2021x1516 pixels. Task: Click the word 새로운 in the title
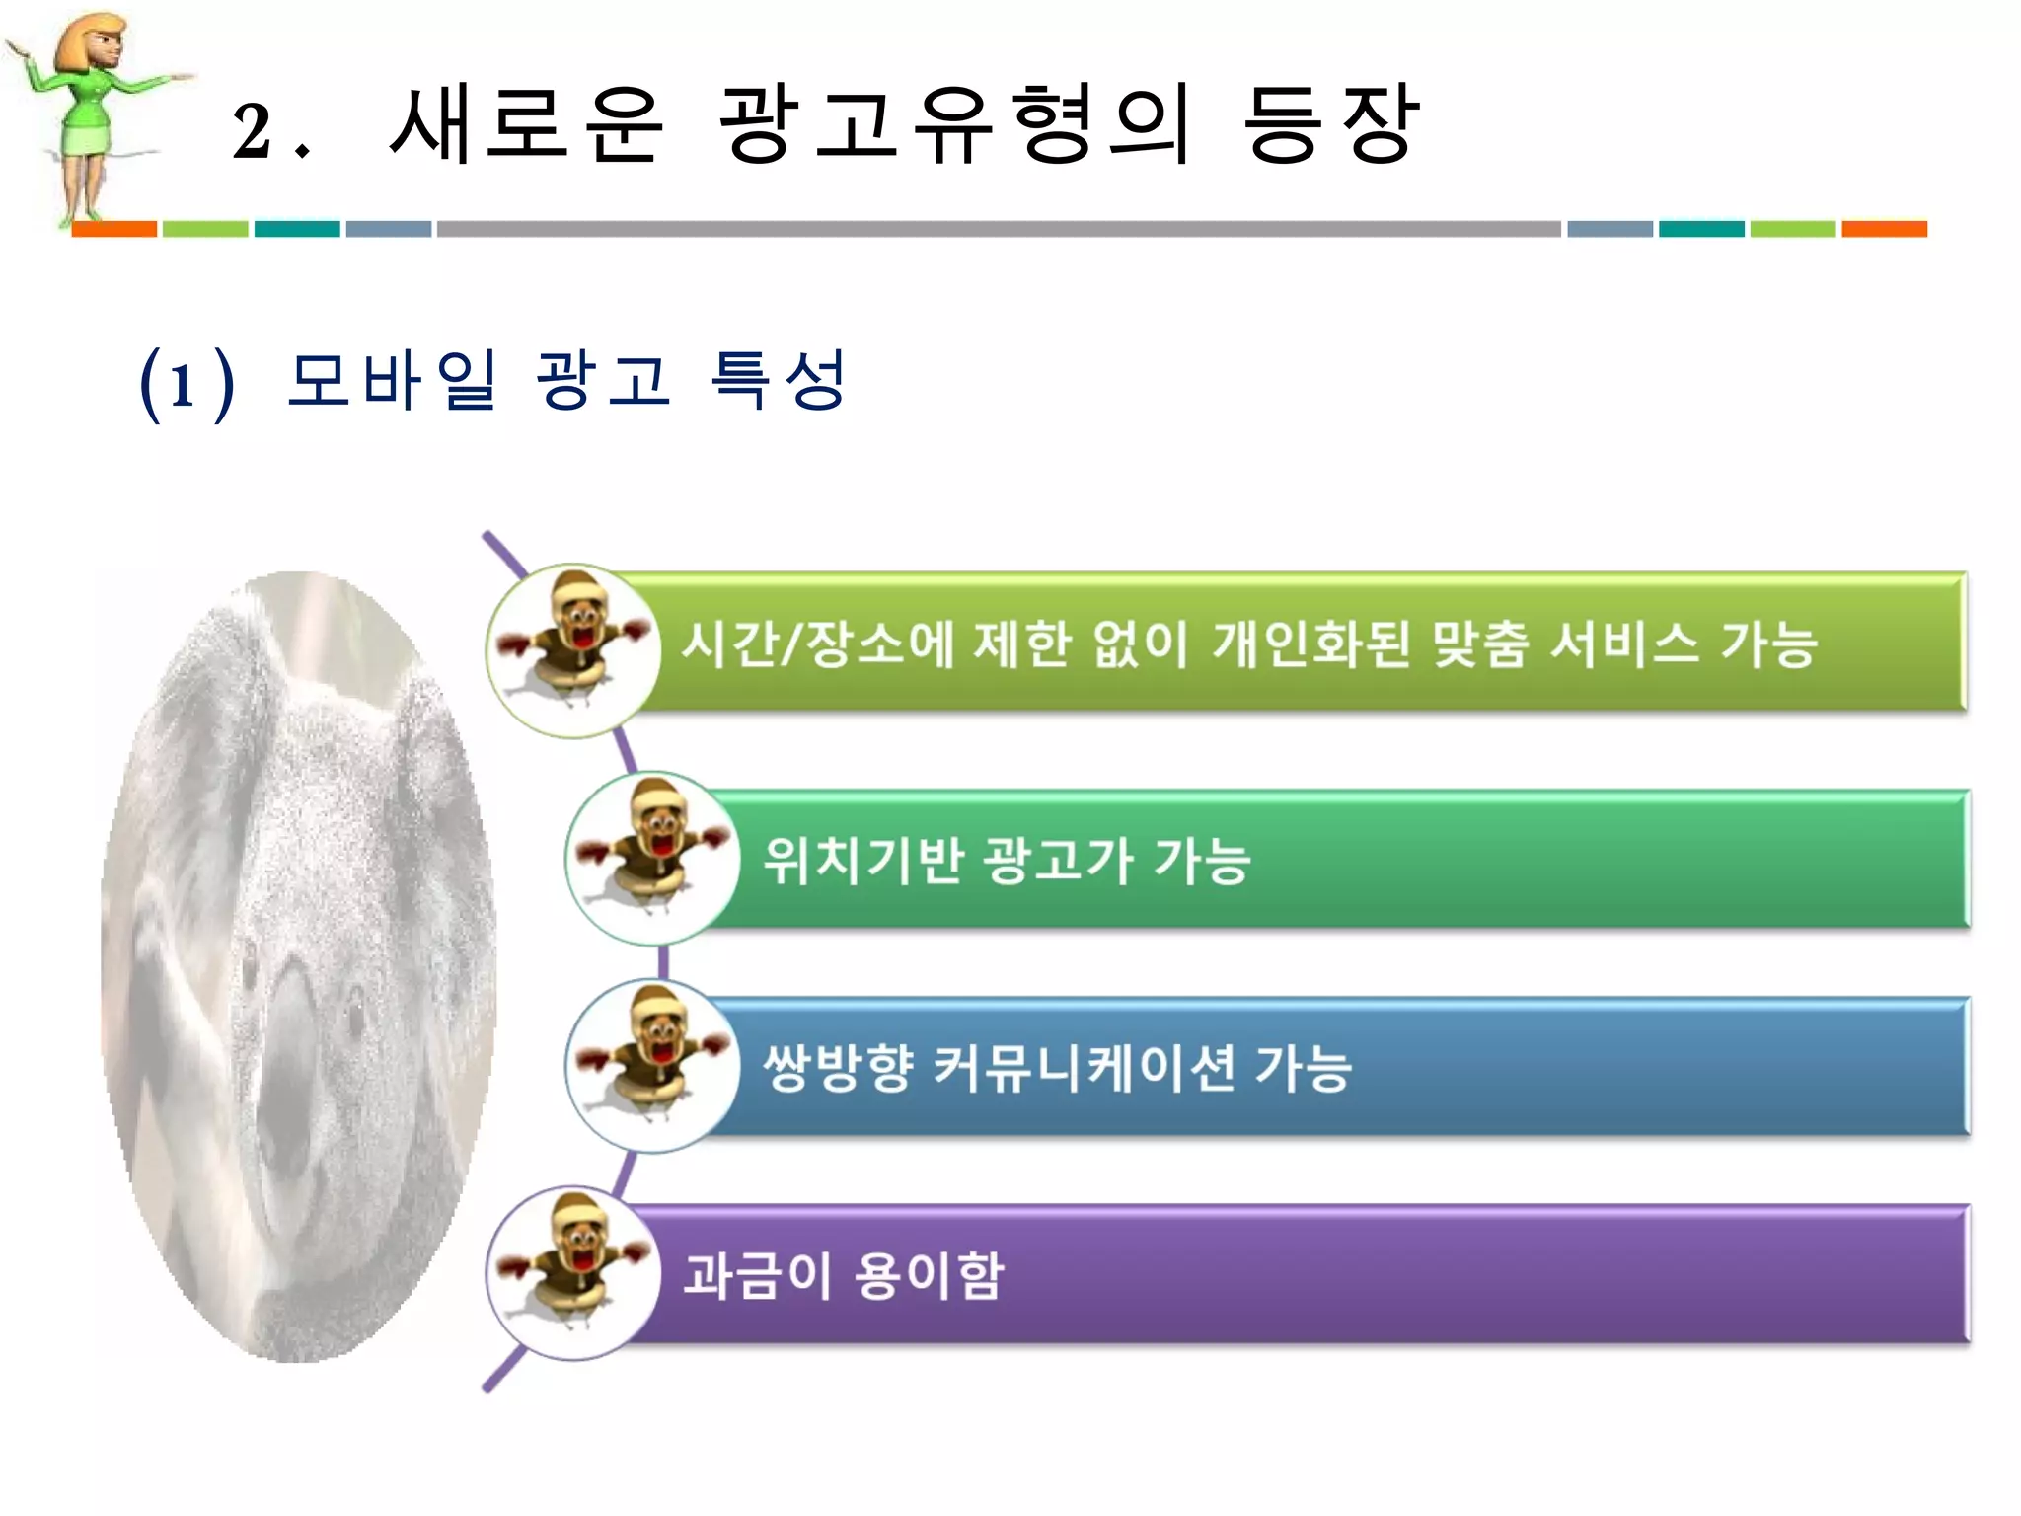[x=526, y=123]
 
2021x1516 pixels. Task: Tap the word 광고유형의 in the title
[x=955, y=123]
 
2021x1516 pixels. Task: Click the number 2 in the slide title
[x=253, y=130]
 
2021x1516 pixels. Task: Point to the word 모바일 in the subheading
[x=391, y=379]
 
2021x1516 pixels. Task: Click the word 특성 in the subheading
[x=778, y=379]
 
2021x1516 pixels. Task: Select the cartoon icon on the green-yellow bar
[x=572, y=649]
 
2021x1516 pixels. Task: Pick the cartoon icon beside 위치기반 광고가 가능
[x=652, y=857]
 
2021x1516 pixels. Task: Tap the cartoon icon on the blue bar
[x=652, y=1064]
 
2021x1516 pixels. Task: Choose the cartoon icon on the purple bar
[x=572, y=1271]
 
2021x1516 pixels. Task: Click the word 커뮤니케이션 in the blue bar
[x=1084, y=1067]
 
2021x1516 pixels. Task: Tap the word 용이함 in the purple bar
[x=929, y=1274]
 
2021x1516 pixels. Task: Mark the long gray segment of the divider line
[x=999, y=229]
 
